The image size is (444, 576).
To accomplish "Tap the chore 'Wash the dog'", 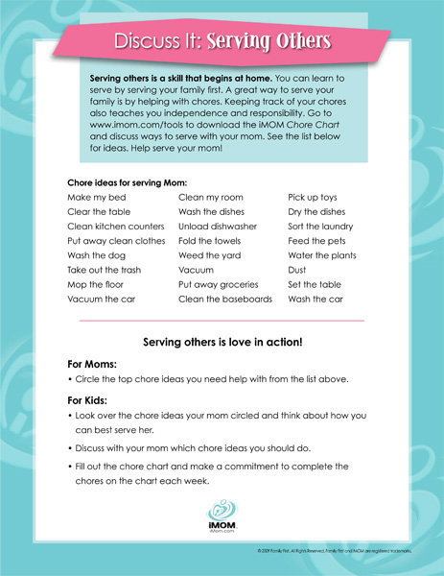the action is coord(96,255).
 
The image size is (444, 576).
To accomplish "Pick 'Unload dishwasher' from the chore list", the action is coord(219,227).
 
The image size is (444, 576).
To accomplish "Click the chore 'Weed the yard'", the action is coord(210,255).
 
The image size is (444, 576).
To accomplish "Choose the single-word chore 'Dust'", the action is coord(298,270).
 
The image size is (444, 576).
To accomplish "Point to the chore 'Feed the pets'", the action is coord(317,241).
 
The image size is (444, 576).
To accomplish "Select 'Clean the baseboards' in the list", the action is coord(225,300).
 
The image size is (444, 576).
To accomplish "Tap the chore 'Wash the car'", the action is coord(315,300).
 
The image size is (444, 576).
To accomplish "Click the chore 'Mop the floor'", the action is coord(96,285).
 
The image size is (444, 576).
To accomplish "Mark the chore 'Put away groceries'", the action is coord(219,285).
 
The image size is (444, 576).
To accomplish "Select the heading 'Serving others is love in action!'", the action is coord(222,342).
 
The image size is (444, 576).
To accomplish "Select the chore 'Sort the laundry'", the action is coord(321,227).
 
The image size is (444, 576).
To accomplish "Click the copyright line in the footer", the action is coord(340,549).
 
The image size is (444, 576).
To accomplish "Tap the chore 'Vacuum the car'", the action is coord(103,300).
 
